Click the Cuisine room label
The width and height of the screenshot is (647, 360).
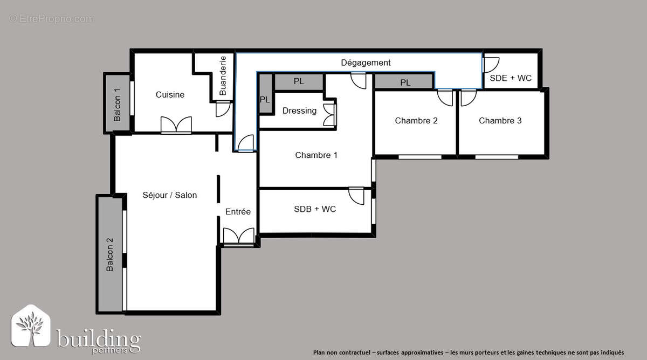(170, 95)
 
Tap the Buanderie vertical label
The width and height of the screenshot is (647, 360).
(223, 76)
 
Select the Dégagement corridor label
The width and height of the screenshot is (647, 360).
(366, 63)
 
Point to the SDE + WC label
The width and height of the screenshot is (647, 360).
(511, 78)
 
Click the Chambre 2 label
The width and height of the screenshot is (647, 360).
(416, 121)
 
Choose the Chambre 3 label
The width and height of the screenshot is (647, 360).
(500, 121)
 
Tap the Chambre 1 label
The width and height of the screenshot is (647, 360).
(316, 155)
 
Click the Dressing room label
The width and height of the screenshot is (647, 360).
(299, 110)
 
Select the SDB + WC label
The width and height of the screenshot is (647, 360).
(314, 209)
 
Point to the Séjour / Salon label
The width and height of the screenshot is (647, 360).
(169, 195)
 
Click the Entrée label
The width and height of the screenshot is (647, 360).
(238, 212)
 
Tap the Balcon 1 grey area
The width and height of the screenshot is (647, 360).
(117, 103)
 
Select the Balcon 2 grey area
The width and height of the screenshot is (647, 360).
(110, 254)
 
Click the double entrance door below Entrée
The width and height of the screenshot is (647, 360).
(238, 237)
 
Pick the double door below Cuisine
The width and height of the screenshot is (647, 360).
(176, 125)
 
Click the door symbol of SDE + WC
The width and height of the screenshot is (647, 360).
(490, 65)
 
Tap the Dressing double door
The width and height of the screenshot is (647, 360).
(329, 113)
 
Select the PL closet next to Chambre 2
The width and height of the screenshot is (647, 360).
(404, 82)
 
